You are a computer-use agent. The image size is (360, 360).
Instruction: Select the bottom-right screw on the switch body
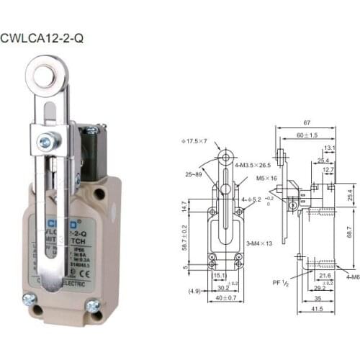coord(92,305)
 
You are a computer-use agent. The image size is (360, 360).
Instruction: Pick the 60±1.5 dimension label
coord(307,135)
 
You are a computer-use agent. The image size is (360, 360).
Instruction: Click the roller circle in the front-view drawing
coord(225,157)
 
